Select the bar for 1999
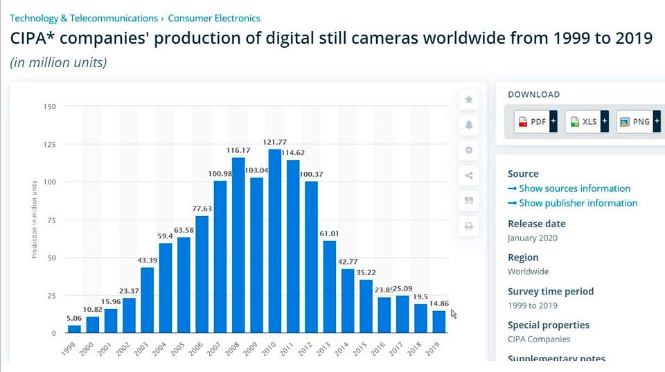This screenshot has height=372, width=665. tap(74, 329)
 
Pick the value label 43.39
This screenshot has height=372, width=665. tap(147, 260)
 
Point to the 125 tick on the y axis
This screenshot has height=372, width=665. tap(49, 145)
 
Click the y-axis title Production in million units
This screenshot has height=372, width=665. tap(35, 218)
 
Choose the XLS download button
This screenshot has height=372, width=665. tap(587, 122)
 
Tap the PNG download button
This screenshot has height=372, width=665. tap(638, 122)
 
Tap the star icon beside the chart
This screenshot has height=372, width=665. tap(469, 100)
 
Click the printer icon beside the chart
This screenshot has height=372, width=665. tap(469, 226)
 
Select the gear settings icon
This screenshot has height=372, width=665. tap(469, 150)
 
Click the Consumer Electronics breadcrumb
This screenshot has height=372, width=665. tap(214, 18)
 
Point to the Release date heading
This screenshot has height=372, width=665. tap(536, 224)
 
